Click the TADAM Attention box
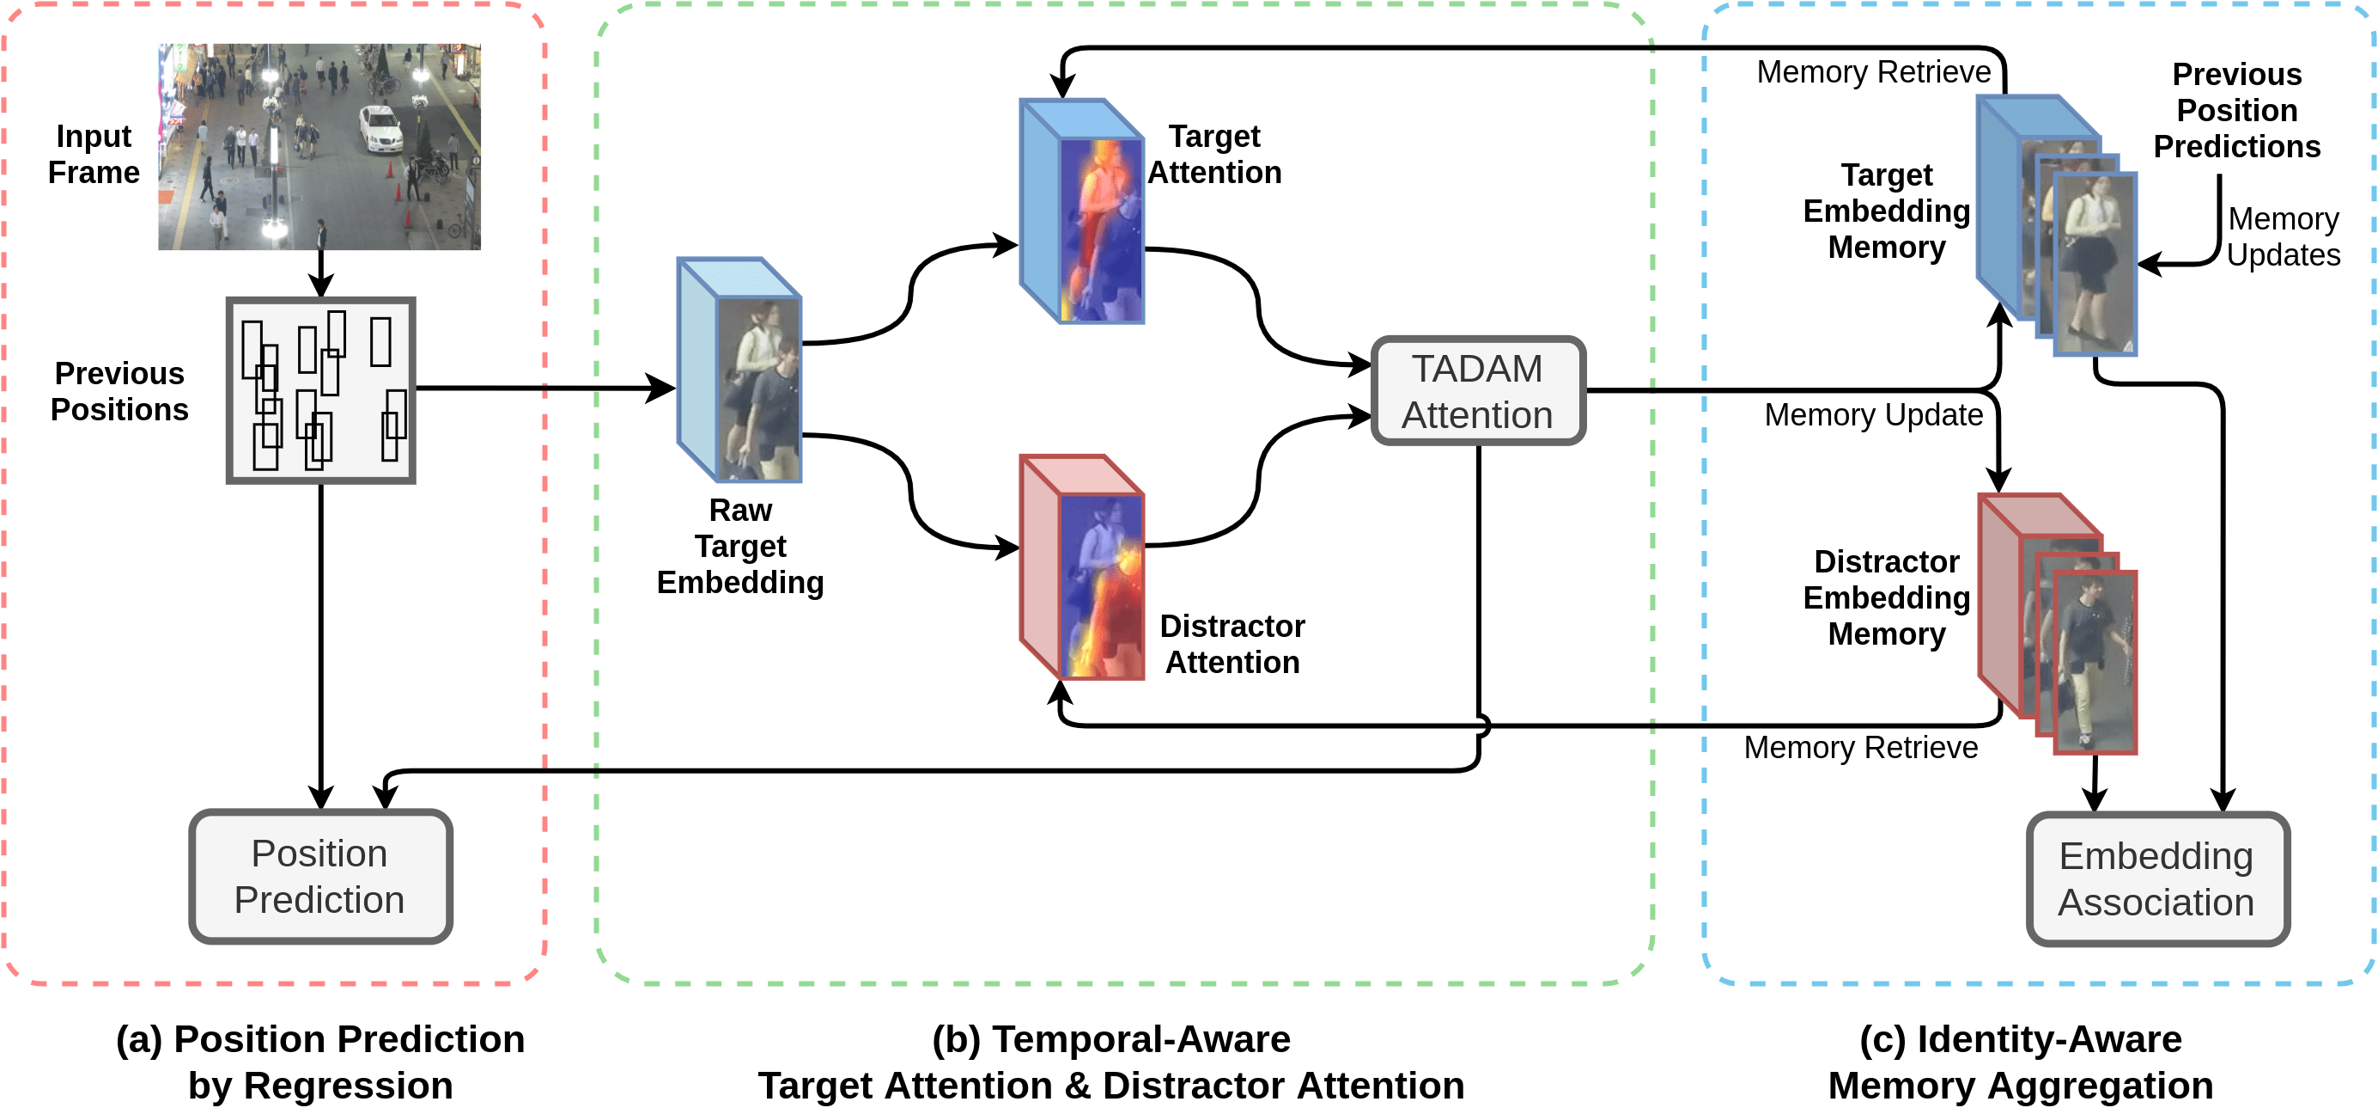[x=1478, y=392]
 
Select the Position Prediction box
[x=320, y=876]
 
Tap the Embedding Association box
[x=2156, y=878]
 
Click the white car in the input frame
[x=380, y=128]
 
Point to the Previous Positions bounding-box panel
[x=320, y=389]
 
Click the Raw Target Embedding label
[x=739, y=546]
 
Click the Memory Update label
[x=1873, y=415]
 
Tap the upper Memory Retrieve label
[x=1873, y=72]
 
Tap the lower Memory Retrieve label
[x=1860, y=747]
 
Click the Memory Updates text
[x=2283, y=236]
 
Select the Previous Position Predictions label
[x=2237, y=110]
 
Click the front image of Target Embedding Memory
[x=2095, y=263]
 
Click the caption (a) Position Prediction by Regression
[x=320, y=1062]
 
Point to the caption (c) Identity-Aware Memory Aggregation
[x=2020, y=1062]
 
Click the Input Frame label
[x=94, y=154]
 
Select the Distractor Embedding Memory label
[x=1886, y=597]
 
